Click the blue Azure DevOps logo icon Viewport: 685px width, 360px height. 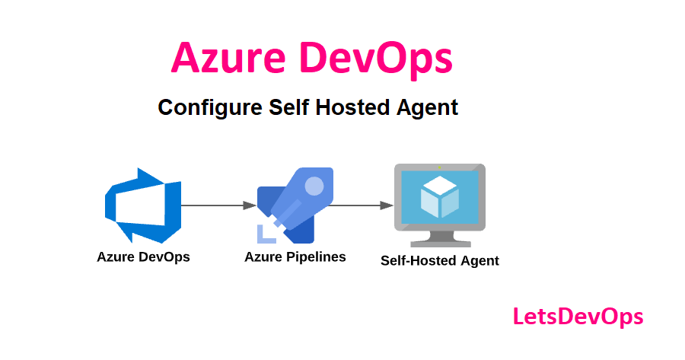(x=142, y=205)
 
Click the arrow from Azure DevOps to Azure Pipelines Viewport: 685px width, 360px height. (x=218, y=205)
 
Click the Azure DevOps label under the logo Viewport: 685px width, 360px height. (x=143, y=257)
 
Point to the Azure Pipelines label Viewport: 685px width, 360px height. (x=295, y=257)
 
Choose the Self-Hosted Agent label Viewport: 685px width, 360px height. (x=439, y=260)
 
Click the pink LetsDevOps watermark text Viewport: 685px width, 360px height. (x=578, y=316)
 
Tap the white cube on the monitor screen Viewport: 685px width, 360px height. (x=439, y=196)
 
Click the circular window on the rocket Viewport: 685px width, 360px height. (x=314, y=185)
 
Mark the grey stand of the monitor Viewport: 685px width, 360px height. (x=439, y=237)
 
